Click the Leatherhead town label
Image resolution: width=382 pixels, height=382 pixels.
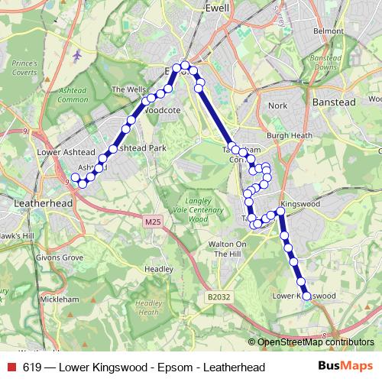44,204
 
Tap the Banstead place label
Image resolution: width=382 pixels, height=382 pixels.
332,101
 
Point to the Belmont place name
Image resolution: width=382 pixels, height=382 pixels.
329,31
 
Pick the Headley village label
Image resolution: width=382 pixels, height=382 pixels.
159,269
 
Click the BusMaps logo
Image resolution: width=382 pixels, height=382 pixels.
345,367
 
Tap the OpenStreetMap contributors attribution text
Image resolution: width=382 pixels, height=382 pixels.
315,342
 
